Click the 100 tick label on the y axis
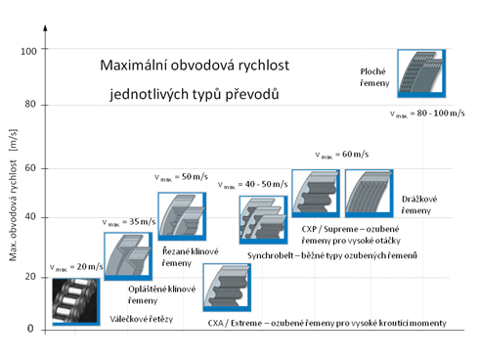(28, 51)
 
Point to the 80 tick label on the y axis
(30, 105)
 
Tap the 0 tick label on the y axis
(30, 329)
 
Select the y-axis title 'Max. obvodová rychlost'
(13, 210)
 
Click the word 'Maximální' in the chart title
(134, 66)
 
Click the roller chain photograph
(76, 301)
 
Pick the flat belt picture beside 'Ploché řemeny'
(421, 73)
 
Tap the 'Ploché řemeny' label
(374, 77)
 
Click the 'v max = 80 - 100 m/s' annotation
(427, 113)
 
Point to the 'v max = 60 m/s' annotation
(342, 155)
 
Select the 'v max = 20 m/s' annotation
(76, 267)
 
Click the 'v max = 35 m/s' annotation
(129, 222)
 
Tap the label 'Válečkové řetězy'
(142, 319)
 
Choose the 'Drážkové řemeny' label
(419, 204)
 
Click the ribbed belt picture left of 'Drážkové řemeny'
(370, 194)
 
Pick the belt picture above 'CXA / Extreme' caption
(227, 288)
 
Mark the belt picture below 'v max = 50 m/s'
(182, 216)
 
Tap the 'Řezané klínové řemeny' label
(191, 257)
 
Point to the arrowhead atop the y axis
(45, 27)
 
